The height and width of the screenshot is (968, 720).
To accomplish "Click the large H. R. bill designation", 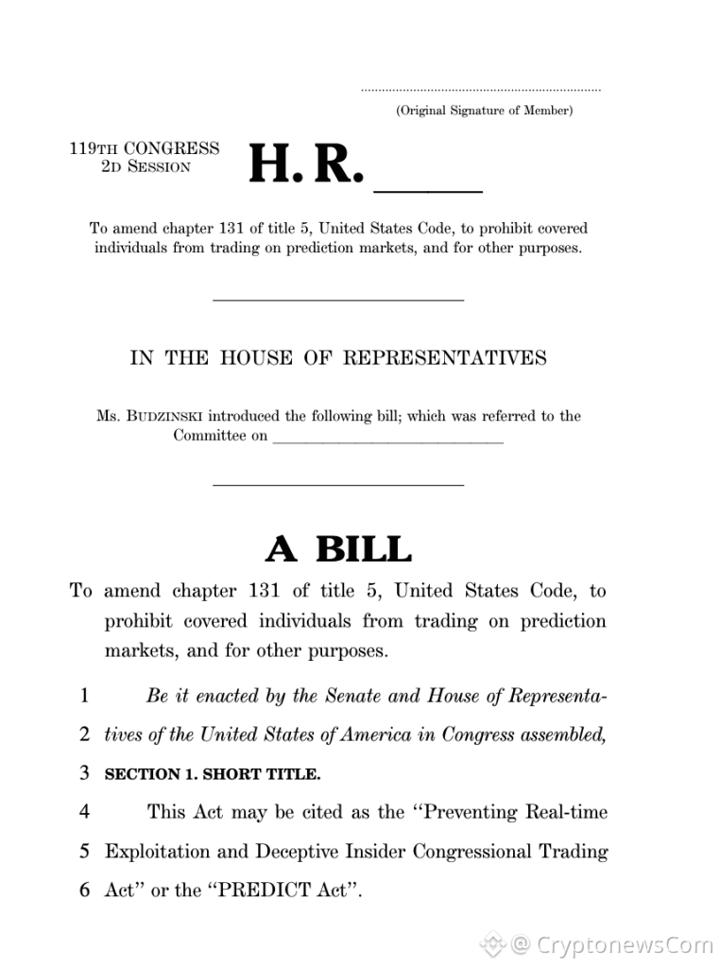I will pyautogui.click(x=305, y=165).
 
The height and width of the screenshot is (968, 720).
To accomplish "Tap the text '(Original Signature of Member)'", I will pyautogui.click(x=484, y=111).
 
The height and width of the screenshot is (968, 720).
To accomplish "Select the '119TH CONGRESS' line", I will pyautogui.click(x=145, y=148).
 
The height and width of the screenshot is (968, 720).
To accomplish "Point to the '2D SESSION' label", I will pyautogui.click(x=146, y=167).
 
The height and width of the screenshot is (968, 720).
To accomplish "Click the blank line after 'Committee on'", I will pyautogui.click(x=387, y=438).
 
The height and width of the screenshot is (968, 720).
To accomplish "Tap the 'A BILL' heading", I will pyautogui.click(x=338, y=549).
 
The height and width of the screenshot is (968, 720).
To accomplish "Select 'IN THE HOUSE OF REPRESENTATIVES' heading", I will pyautogui.click(x=337, y=358).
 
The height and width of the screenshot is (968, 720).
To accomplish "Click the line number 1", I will pyautogui.click(x=84, y=696).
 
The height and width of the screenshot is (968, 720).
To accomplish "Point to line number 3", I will pyautogui.click(x=84, y=773).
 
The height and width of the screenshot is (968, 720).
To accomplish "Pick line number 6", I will pyautogui.click(x=84, y=890).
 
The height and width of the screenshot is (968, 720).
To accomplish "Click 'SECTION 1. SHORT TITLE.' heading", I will pyautogui.click(x=213, y=774).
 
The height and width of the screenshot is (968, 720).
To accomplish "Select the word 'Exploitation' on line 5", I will pyautogui.click(x=157, y=852).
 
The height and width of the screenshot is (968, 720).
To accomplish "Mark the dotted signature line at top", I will pyautogui.click(x=480, y=91).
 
